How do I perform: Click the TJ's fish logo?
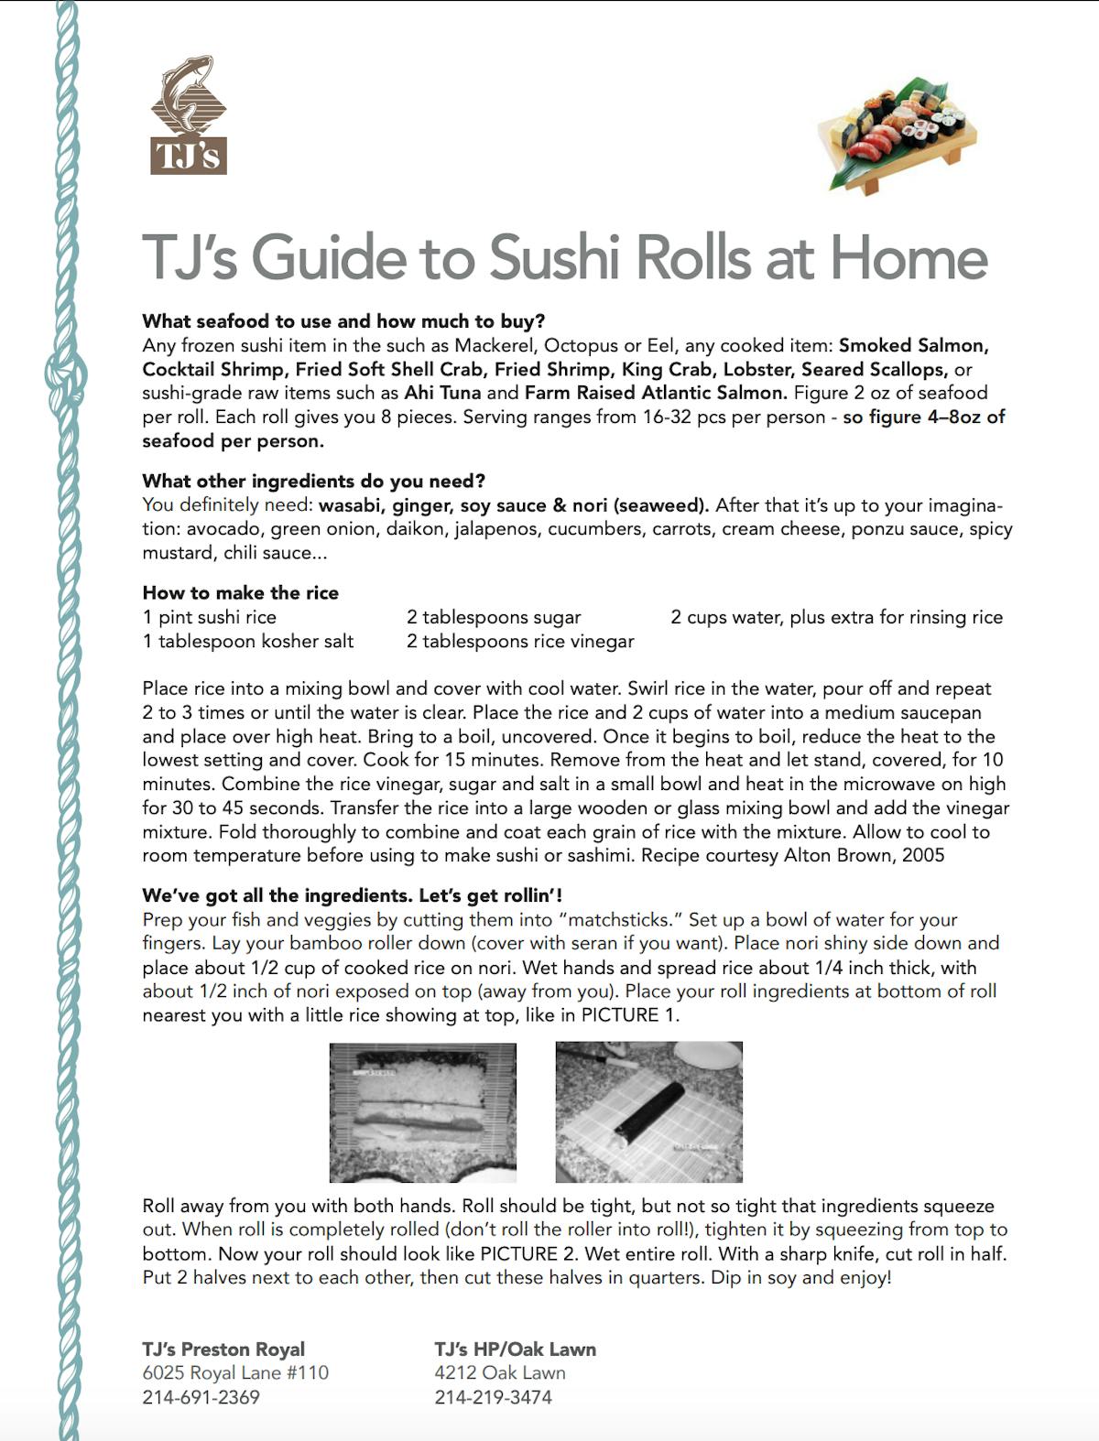pos(189,115)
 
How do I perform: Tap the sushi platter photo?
pos(895,134)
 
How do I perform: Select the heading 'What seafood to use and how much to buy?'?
pos(343,321)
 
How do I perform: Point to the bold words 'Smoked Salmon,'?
pos(913,345)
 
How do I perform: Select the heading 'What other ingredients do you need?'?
pos(313,481)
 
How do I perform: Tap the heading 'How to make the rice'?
pos(240,592)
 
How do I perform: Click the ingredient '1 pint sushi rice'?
pos(209,617)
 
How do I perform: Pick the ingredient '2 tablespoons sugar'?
pos(494,617)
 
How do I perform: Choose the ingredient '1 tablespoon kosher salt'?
pos(247,641)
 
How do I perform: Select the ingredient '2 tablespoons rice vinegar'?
pos(520,641)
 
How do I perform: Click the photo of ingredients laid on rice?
pos(422,1111)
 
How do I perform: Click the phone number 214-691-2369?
pos(201,1397)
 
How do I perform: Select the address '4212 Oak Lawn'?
pos(499,1372)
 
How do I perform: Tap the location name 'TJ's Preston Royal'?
pos(223,1349)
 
